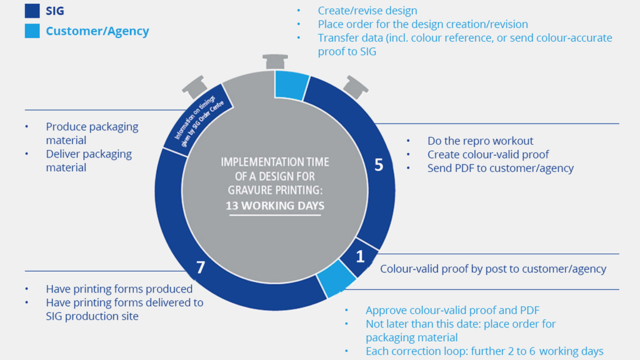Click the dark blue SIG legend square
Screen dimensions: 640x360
(32, 10)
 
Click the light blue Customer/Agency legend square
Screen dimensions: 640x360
(32, 31)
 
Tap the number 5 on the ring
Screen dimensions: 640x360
(379, 165)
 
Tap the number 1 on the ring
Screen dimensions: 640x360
(360, 256)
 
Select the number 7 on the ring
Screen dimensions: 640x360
(200, 267)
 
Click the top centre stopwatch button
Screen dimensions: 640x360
(275, 61)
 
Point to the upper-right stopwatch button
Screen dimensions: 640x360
(355, 87)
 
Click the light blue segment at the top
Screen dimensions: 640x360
(291, 85)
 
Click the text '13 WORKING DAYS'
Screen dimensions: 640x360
(275, 206)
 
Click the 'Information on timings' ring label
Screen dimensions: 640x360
(194, 117)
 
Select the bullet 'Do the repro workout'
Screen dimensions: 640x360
(480, 141)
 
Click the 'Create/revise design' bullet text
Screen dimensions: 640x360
(367, 11)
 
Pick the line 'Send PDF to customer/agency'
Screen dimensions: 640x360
(500, 168)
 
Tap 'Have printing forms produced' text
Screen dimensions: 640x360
(119, 289)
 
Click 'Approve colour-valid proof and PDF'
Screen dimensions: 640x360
(452, 310)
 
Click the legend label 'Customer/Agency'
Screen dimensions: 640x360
(97, 31)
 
